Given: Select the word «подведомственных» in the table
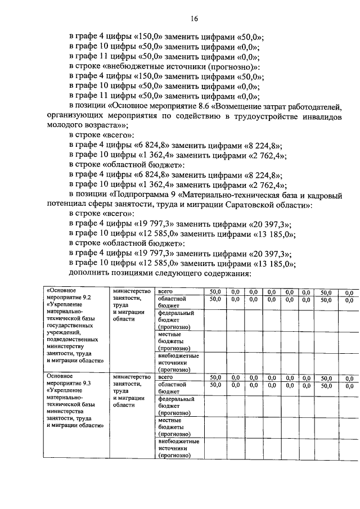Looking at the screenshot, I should pos(73,339).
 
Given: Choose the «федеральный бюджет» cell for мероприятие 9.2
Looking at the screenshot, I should pos(175,319).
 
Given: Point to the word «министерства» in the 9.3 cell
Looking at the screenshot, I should pos(65,410).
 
